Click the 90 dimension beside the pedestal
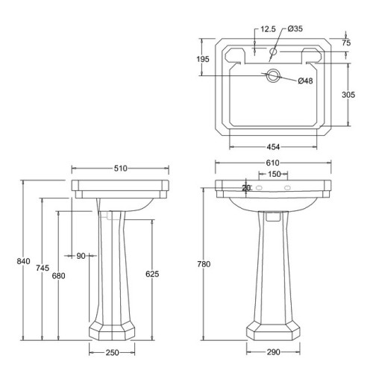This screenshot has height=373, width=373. tap(81, 256)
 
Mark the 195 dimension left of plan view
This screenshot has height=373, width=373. tap(202, 58)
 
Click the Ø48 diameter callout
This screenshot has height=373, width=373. tap(305, 81)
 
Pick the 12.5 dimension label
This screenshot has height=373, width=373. tap(269, 31)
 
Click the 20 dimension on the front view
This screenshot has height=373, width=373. tap(246, 187)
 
